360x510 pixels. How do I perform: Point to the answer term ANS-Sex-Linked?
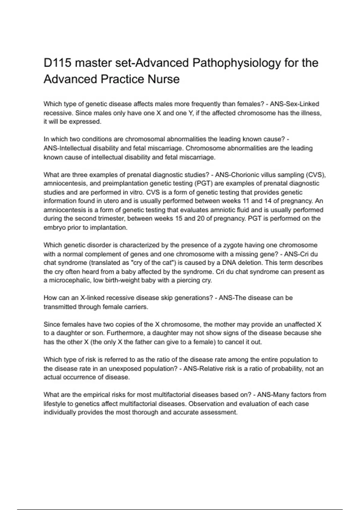294,104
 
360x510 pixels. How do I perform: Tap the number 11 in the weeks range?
247,201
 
